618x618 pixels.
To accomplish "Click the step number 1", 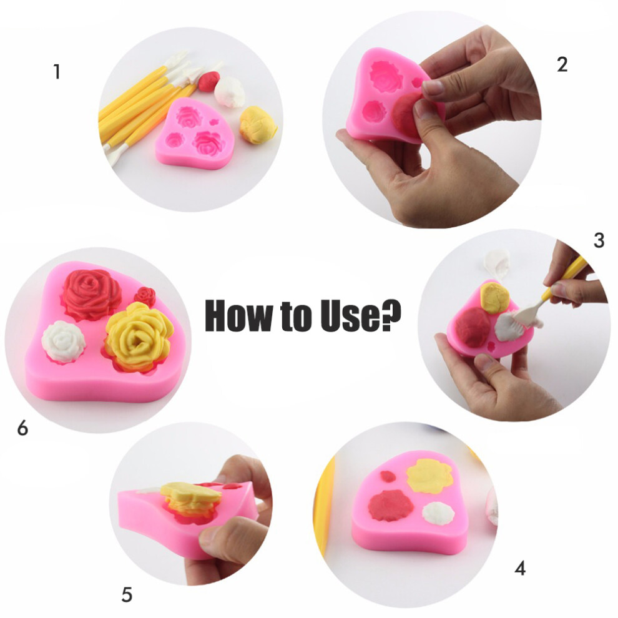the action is [57, 72].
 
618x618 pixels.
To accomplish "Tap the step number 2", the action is [562, 64].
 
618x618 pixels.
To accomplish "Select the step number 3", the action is [599, 240].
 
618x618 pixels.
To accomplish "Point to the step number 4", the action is [520, 568].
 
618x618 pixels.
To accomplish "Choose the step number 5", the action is [127, 594].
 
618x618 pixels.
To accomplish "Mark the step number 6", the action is [23, 428].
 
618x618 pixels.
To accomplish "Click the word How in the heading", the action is [240, 315].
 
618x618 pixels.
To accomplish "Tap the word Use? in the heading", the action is [361, 315].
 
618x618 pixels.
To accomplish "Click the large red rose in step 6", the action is [91, 293].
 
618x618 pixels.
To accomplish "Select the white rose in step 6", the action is [64, 341].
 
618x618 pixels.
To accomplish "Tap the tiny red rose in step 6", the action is [145, 297].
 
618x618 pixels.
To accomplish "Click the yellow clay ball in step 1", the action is [258, 125].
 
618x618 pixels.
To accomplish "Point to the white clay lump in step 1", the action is [229, 92].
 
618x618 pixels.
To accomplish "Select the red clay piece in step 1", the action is [209, 81].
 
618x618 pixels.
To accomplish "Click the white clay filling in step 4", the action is [439, 513].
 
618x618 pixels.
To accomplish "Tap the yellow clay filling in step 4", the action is [429, 476].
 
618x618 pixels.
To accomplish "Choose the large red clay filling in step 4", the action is [391, 505].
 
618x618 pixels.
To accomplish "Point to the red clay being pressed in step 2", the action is [408, 114].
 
